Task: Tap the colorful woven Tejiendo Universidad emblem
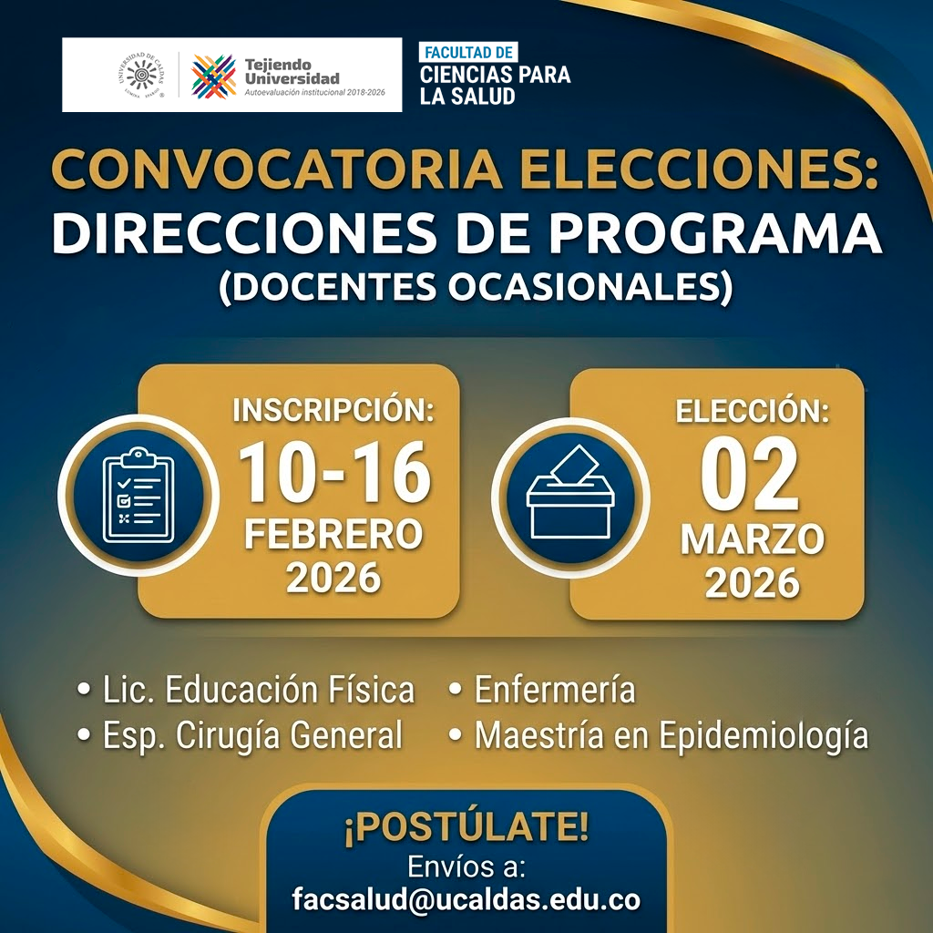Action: [214, 76]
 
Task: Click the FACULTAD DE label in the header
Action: [468, 52]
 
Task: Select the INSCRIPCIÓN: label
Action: [333, 409]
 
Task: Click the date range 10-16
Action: [334, 474]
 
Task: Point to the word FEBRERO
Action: [333, 534]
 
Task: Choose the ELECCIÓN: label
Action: [753, 411]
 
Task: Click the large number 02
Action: [751, 477]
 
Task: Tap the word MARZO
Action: [753, 539]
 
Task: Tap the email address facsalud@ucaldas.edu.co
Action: [466, 899]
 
